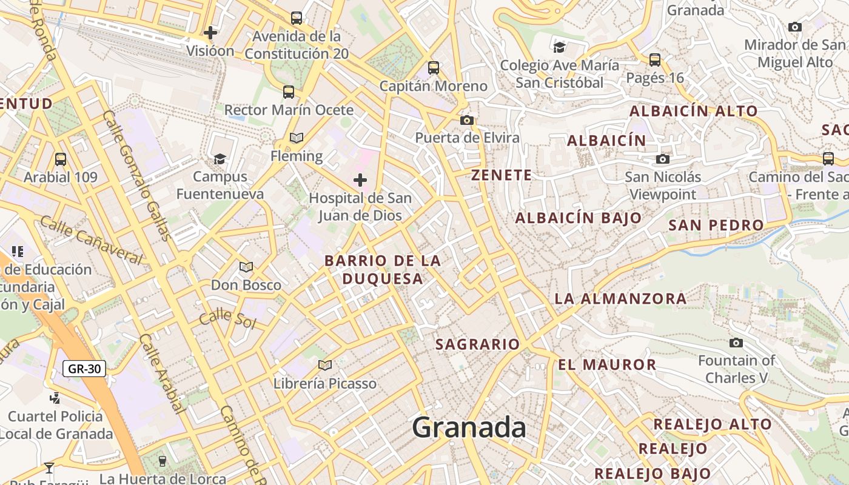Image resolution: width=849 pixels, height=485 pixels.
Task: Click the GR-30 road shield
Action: pos(84,368)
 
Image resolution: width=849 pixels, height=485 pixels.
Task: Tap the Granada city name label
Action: pos(469,428)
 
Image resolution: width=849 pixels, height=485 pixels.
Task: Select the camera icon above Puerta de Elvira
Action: pos(466,120)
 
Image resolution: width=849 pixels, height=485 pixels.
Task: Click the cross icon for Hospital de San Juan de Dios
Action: pos(360,180)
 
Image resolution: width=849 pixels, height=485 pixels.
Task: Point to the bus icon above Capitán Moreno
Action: pos(433,68)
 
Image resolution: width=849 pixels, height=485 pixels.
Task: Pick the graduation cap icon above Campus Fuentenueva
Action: pos(220,159)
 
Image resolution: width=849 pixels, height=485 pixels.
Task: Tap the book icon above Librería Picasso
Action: pos(325,365)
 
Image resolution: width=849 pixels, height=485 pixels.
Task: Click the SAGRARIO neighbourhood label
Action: pos(478,344)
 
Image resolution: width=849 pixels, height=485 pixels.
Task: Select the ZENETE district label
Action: pos(502,175)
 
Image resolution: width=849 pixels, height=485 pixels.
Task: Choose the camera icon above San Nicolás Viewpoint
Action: pos(663,159)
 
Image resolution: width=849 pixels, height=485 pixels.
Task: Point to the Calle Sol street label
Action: pos(228,319)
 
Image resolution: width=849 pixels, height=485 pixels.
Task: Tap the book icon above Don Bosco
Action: pos(246,267)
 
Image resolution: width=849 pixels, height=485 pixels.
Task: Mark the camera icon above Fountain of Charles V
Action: pos(736,343)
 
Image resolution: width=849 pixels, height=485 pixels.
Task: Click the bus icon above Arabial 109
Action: pos(61,159)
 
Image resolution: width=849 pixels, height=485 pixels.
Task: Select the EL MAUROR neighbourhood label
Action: pos(607,364)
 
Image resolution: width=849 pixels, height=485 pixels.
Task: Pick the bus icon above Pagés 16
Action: pos(655,60)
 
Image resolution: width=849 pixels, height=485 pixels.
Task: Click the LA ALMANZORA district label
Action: pos(620,298)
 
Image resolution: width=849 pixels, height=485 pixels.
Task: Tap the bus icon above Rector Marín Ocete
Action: pos(289,92)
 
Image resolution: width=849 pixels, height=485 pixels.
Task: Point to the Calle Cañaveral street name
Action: pos(91,240)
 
